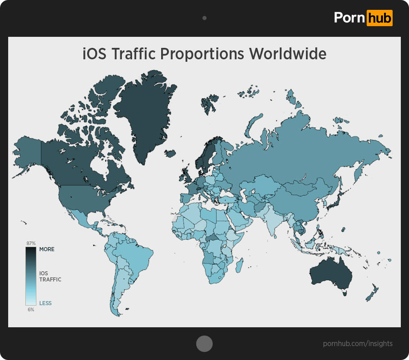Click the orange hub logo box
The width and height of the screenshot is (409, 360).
[379, 18]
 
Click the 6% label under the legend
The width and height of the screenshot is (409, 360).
[31, 310]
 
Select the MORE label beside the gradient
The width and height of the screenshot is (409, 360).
[47, 249]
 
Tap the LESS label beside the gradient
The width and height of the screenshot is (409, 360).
[45, 303]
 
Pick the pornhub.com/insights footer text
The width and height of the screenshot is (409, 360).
[357, 344]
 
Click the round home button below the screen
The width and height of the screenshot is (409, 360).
[204, 344]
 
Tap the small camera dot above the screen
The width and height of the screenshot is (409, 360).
[204, 18]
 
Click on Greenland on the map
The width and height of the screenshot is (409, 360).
[143, 110]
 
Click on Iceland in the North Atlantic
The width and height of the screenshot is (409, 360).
[171, 154]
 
